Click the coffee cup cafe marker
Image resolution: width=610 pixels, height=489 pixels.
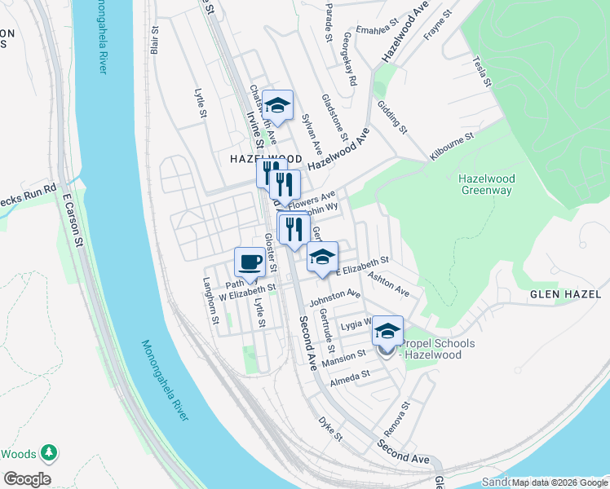250,262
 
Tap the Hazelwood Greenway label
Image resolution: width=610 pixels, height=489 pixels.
485,184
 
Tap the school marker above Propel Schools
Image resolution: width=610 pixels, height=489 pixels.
387,331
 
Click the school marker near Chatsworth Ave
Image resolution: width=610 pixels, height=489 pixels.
277,104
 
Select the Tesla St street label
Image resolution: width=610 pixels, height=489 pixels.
482,72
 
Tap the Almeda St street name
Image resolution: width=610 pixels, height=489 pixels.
350,377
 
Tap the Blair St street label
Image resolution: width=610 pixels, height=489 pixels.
154,38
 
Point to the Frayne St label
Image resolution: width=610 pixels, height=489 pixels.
437,29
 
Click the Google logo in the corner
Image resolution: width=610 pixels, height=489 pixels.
27,478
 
